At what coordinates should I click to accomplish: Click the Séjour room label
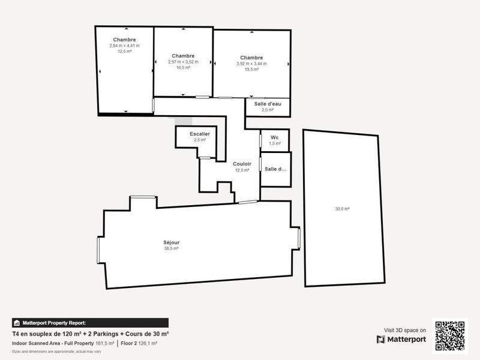[172, 242]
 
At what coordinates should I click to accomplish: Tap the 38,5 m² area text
[172, 248]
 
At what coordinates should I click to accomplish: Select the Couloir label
[242, 164]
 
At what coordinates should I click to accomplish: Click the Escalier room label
[199, 134]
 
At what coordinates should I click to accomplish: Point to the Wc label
[274, 137]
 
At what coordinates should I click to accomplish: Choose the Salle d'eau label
[268, 104]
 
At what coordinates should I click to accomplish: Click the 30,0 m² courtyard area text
[342, 209]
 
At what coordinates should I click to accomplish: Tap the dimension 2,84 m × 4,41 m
[124, 46]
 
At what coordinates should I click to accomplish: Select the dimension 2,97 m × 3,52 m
[183, 62]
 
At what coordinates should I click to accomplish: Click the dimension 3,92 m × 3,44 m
[251, 64]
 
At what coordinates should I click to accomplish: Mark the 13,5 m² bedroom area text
[251, 70]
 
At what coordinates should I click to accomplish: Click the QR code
[451, 335]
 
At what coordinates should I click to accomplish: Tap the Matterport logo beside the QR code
[402, 340]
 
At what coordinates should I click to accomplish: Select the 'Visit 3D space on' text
[405, 330]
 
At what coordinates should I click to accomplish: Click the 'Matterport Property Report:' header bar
[90, 322]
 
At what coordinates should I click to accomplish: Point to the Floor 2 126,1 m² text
[138, 343]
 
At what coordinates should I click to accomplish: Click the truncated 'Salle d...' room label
[275, 169]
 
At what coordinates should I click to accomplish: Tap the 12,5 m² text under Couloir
[242, 170]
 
